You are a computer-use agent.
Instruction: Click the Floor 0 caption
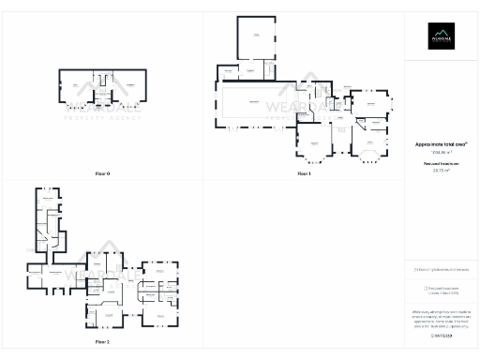103,174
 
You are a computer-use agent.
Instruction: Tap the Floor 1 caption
303,174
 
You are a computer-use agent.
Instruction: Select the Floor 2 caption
102,343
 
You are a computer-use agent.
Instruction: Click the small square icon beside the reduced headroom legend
427,289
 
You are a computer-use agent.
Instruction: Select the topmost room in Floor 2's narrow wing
46,198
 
